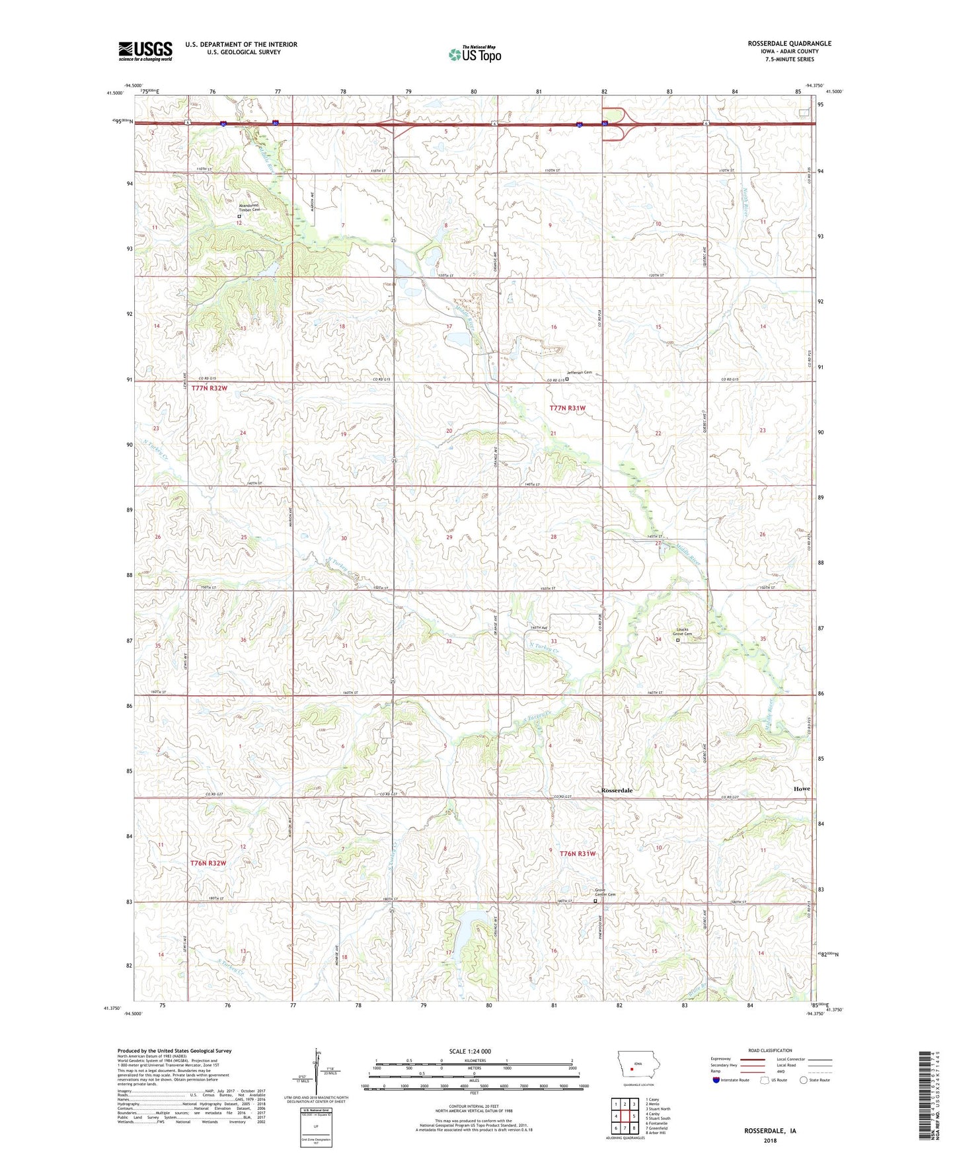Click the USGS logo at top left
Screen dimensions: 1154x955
click(145, 51)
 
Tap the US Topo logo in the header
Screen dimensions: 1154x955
click(475, 54)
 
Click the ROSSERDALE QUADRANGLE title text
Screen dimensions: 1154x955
click(789, 44)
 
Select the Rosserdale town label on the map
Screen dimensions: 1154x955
click(617, 790)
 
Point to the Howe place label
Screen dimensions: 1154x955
click(802, 789)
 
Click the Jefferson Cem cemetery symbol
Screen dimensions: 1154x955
click(567, 379)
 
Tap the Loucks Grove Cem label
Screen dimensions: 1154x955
click(683, 632)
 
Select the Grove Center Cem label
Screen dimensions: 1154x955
click(605, 892)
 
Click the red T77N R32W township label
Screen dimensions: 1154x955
click(209, 389)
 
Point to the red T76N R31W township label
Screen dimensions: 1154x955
click(578, 854)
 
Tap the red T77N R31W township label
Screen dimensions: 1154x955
click(567, 408)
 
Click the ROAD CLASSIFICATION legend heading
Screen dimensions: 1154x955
click(770, 1050)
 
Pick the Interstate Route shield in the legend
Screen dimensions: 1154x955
click(716, 1080)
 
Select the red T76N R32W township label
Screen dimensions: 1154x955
click(208, 863)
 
